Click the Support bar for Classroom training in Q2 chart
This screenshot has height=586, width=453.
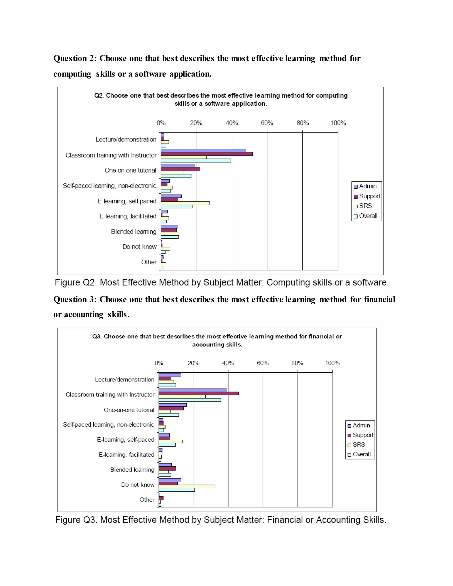click(x=207, y=154)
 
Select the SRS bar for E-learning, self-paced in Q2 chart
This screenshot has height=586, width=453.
click(x=185, y=203)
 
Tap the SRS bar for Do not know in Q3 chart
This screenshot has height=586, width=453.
click(x=187, y=486)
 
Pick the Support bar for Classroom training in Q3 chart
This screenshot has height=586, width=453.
click(x=199, y=393)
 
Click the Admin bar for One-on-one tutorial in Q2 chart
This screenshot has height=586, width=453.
click(x=177, y=166)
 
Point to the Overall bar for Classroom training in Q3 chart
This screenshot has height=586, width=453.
click(x=190, y=400)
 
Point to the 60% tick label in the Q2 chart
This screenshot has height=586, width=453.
click(x=267, y=123)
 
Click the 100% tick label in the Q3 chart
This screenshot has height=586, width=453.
click(x=332, y=363)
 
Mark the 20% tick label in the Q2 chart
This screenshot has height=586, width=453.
click(x=196, y=123)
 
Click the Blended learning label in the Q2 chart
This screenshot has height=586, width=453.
click(x=134, y=232)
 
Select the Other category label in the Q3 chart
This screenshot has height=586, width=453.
click(x=147, y=500)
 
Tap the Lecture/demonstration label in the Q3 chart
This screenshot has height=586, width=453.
click(x=125, y=380)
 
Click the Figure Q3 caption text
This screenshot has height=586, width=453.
click(x=221, y=520)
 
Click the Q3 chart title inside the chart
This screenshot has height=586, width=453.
click(x=217, y=340)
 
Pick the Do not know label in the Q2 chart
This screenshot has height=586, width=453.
click(x=139, y=247)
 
